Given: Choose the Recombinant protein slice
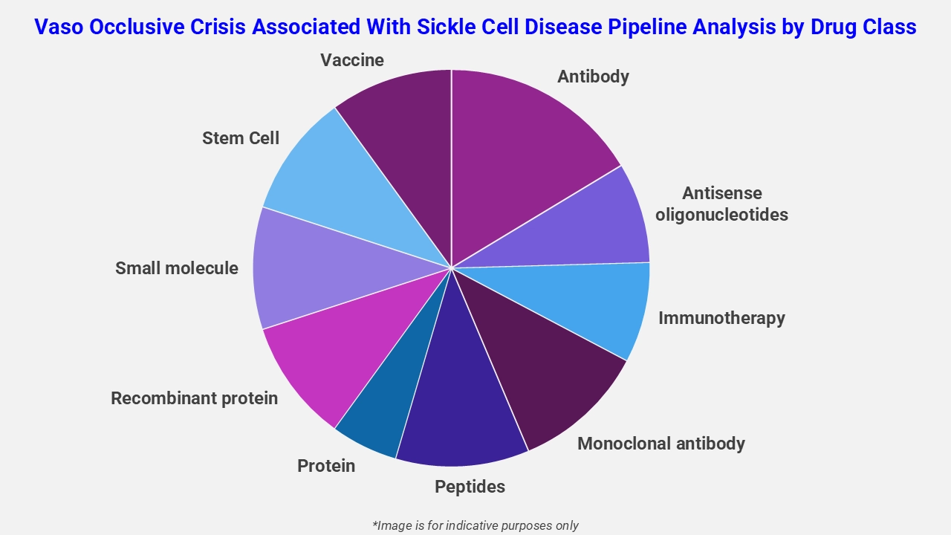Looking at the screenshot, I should pyautogui.click(x=334, y=357).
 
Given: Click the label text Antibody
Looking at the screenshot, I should pyautogui.click(x=593, y=77).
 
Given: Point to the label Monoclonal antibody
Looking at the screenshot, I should pyautogui.click(x=660, y=444).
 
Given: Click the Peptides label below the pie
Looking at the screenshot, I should pyautogui.click(x=470, y=487).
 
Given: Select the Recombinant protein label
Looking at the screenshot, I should pyautogui.click(x=194, y=398).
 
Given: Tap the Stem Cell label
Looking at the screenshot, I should pyautogui.click(x=241, y=138).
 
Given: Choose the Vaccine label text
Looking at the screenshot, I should pyautogui.click(x=352, y=60).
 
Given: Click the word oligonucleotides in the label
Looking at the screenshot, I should pyautogui.click(x=721, y=215).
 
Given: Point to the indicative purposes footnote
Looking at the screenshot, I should pyautogui.click(x=475, y=525).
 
